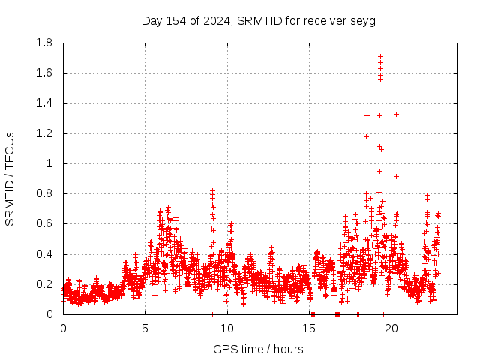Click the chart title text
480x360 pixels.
259,20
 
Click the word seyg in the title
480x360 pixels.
364,20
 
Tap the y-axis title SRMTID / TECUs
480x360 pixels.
10,178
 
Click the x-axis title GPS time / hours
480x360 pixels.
259,349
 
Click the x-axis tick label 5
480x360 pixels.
145,328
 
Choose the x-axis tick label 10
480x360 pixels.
227,328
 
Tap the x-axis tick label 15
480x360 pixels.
310,328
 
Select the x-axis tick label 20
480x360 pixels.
391,328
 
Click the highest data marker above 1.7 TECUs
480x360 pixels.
380,56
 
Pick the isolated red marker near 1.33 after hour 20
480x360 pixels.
396,114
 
